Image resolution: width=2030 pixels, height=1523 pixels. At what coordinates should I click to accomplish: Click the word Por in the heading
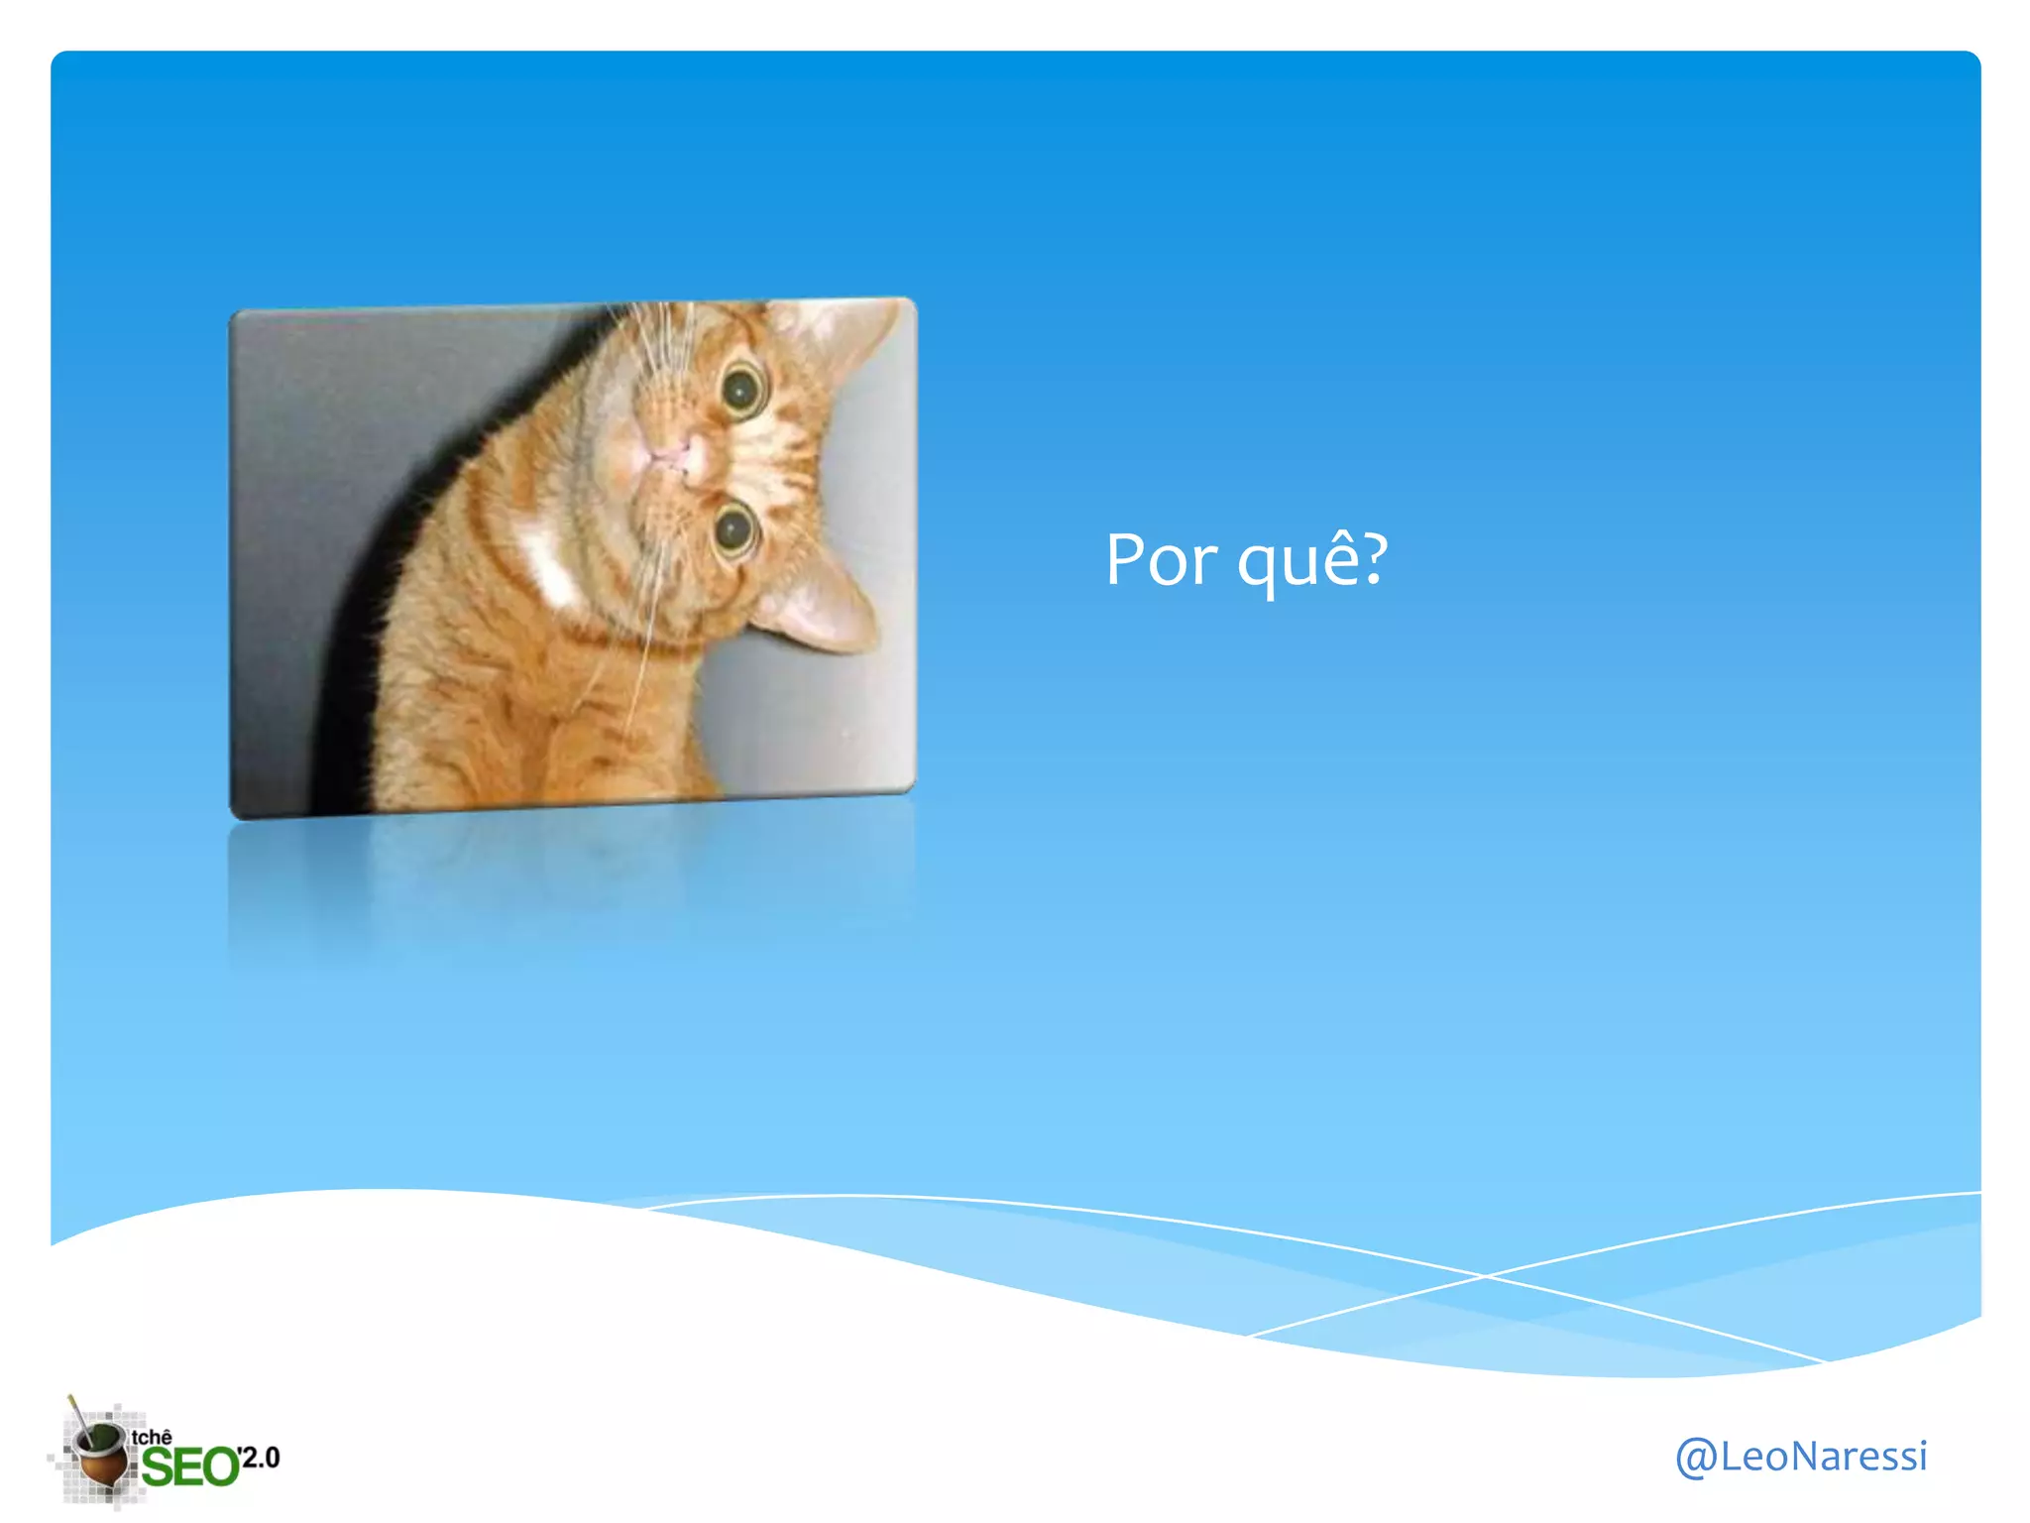[1161, 560]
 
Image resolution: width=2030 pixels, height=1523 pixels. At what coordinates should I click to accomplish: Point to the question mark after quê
[1372, 558]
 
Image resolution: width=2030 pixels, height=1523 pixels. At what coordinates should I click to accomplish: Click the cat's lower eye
[734, 529]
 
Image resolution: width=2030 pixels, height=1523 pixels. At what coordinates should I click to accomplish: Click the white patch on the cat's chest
[550, 565]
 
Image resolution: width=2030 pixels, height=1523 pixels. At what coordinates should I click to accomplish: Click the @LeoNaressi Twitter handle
[1800, 1456]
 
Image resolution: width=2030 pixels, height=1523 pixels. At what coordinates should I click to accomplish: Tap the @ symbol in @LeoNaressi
[1696, 1457]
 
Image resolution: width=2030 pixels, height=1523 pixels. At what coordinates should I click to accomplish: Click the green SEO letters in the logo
[189, 1466]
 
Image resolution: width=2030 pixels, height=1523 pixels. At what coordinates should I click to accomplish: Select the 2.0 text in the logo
[261, 1457]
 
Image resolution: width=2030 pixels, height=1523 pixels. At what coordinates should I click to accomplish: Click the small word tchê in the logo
[152, 1437]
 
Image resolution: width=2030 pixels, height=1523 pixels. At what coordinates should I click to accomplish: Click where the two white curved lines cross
[1484, 1276]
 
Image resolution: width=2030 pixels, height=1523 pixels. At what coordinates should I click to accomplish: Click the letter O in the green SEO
[221, 1466]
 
